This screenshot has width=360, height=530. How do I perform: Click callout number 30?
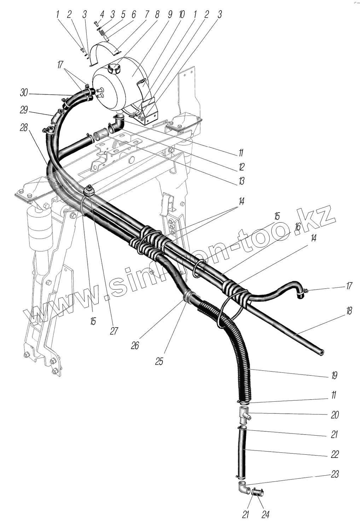[x=24, y=94]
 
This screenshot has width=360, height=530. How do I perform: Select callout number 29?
[x=24, y=110]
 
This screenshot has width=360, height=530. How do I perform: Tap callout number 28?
[x=24, y=128]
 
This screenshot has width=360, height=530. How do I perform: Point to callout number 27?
[x=114, y=331]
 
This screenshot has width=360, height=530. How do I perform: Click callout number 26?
[x=135, y=345]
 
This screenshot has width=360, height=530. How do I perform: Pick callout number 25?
[x=159, y=362]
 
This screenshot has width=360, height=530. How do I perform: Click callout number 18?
[x=349, y=311]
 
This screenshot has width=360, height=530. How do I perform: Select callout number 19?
[x=334, y=376]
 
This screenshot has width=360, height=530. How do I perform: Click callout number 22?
[x=335, y=454]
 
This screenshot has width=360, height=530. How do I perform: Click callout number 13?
[x=241, y=182]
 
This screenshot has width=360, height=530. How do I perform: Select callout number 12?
[x=241, y=167]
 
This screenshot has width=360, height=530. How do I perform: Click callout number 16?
[x=297, y=226]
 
